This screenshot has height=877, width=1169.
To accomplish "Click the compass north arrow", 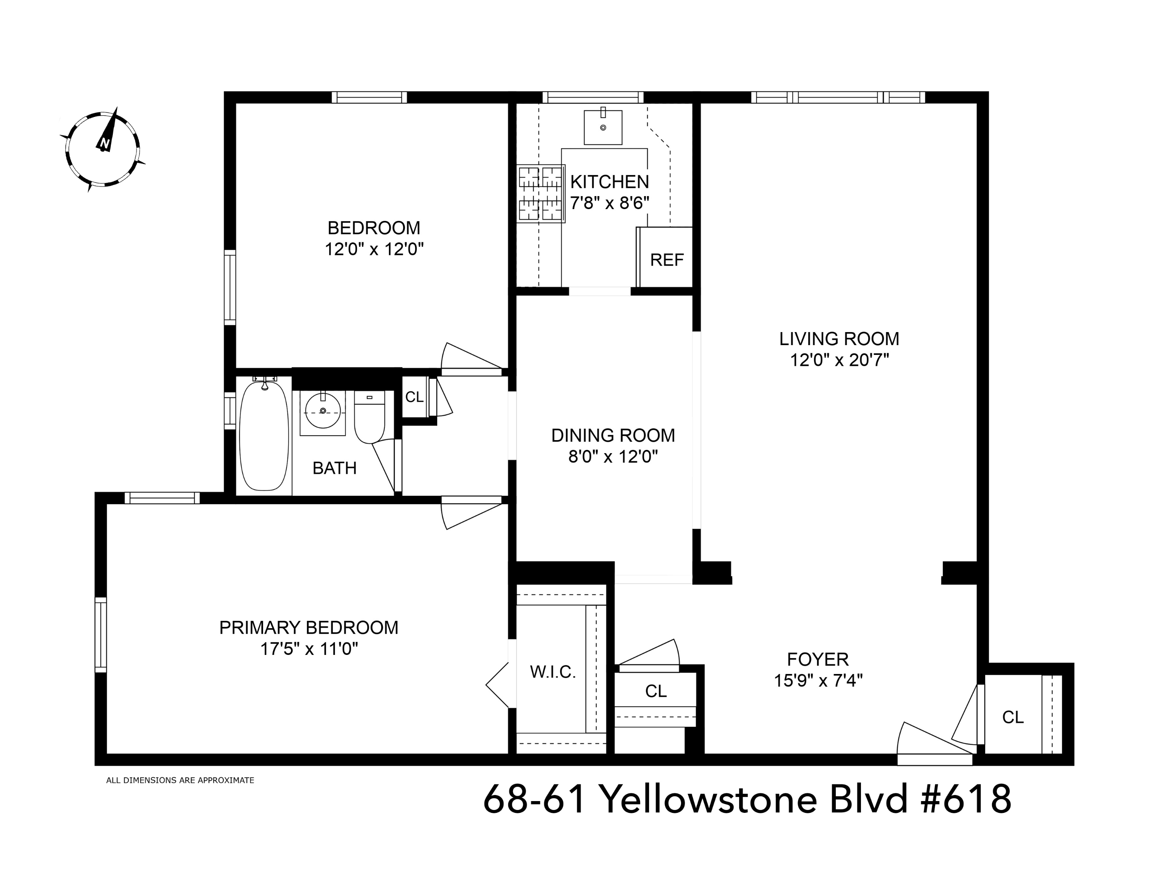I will [107, 132].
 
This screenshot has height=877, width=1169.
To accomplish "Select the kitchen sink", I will [602, 127].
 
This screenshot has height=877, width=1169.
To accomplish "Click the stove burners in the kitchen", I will [540, 193].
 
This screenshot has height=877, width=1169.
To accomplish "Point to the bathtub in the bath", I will [264, 434].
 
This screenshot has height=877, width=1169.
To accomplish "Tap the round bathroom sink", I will [322, 411].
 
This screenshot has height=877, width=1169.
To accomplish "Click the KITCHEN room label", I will [609, 182].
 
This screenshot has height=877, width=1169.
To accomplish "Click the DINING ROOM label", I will [613, 435].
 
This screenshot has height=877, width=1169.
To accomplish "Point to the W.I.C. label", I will [553, 672].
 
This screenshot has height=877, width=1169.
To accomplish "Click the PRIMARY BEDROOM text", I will [308, 627].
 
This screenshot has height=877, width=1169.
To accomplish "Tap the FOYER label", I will [817, 659].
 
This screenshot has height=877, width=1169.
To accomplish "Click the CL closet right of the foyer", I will [1013, 717].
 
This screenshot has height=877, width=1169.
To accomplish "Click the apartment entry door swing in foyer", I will [930, 743].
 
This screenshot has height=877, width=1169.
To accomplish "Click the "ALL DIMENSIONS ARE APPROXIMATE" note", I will [180, 780].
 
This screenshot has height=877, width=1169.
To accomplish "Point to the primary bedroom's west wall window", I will [100, 634].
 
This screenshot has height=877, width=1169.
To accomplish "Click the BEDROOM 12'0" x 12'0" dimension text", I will [374, 249].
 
